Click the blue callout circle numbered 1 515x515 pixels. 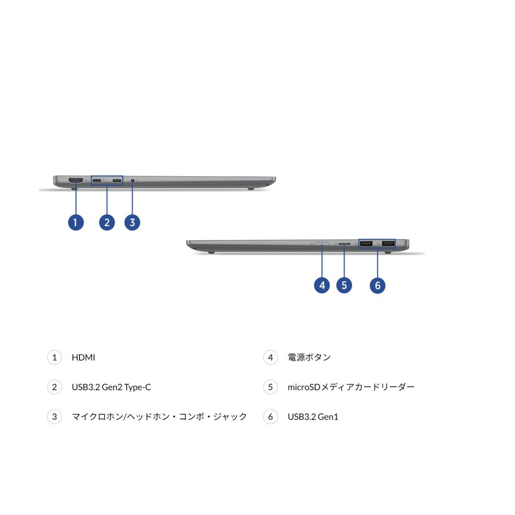(x=76, y=222)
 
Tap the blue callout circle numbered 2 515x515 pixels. (x=107, y=222)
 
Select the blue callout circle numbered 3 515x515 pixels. (x=132, y=222)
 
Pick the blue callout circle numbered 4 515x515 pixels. (x=322, y=285)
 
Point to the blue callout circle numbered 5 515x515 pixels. (x=344, y=285)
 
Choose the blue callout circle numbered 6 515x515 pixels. (x=377, y=285)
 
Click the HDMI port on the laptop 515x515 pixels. (x=76, y=180)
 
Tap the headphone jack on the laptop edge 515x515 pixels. (x=132, y=181)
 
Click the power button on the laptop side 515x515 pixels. (x=321, y=244)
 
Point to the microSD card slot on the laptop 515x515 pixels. (x=344, y=244)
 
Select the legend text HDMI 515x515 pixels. (x=83, y=357)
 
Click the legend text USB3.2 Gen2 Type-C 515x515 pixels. (x=111, y=387)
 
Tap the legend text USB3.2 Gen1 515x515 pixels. (x=313, y=417)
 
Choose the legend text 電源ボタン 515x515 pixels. (x=309, y=357)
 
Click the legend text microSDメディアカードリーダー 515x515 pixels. (x=351, y=387)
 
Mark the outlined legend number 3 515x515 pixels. (x=55, y=417)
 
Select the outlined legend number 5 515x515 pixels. (x=270, y=387)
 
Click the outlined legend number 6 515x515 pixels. (x=270, y=417)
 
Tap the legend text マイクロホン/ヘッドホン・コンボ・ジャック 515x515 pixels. (x=159, y=417)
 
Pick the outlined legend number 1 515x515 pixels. (x=55, y=357)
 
